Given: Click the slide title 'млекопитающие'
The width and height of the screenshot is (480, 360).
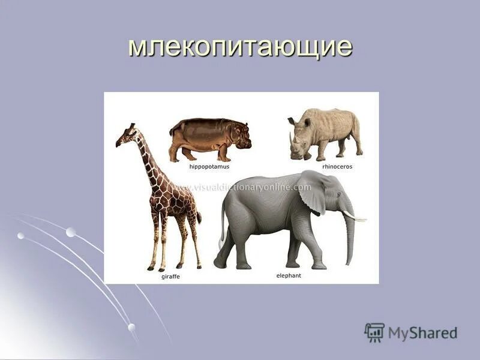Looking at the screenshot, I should point(239,46).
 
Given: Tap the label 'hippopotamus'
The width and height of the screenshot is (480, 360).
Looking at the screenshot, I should point(209,166).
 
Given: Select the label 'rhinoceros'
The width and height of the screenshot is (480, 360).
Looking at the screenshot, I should point(337,166).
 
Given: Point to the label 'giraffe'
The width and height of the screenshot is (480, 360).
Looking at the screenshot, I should point(170,277).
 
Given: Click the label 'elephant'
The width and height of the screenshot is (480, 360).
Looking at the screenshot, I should point(289,275).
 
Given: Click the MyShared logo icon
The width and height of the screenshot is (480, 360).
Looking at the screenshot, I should point(374,332).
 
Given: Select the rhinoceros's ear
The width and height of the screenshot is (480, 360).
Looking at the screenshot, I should point(307,121).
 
